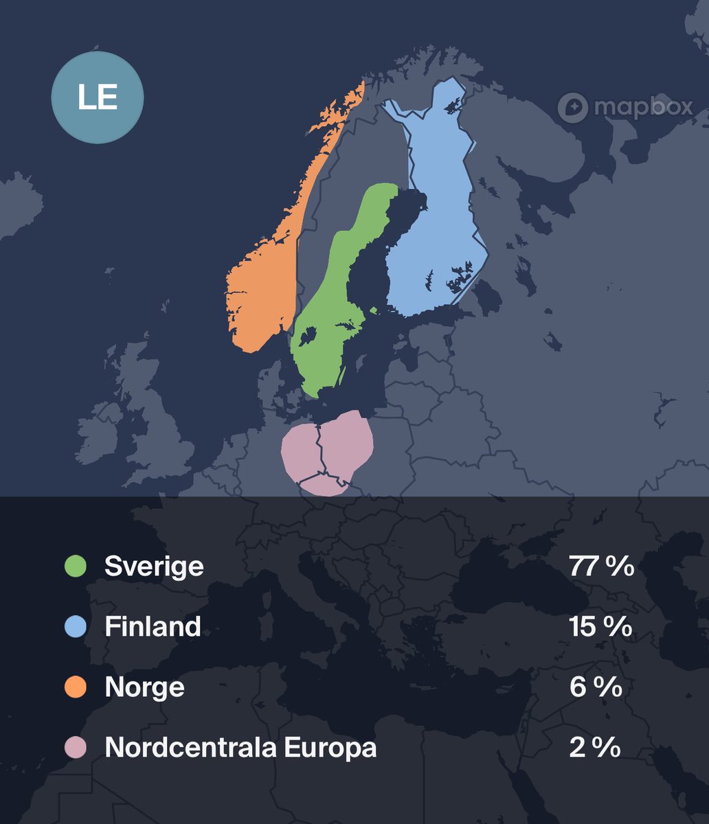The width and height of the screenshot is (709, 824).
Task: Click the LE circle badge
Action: (98, 98)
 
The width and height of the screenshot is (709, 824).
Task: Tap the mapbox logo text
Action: (642, 107)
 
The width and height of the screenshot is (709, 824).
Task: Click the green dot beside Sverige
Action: (75, 566)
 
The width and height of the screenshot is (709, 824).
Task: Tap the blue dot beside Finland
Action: (75, 627)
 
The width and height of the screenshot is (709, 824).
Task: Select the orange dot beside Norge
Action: (75, 687)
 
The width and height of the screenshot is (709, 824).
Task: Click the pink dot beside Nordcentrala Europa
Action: (75, 747)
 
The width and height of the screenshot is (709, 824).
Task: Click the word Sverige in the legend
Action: (154, 566)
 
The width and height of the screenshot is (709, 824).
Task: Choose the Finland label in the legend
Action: (153, 627)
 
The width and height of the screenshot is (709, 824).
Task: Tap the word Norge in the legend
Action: (144, 687)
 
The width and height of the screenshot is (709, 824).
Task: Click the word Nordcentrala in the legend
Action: (182, 747)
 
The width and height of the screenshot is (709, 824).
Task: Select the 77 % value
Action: (601, 566)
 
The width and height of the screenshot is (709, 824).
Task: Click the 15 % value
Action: (600, 627)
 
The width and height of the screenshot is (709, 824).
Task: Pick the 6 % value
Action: (596, 687)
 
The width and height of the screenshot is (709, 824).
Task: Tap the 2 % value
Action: (595, 747)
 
